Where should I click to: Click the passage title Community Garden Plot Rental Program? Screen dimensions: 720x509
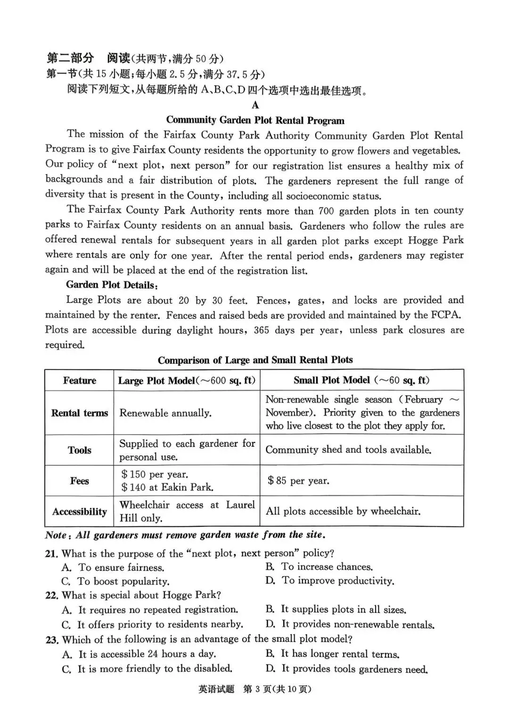[255, 120]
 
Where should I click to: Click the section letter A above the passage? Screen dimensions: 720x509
[255, 105]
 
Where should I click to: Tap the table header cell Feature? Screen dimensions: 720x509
[79, 381]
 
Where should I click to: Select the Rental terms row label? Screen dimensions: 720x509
[79, 413]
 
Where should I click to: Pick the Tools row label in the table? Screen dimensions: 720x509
[79, 450]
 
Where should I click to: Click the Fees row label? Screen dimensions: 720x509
[79, 481]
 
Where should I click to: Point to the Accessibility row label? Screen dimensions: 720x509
[79, 512]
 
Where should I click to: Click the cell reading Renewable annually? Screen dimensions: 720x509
[165, 413]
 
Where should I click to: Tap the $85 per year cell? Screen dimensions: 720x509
[298, 481]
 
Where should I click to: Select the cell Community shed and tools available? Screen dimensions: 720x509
[348, 450]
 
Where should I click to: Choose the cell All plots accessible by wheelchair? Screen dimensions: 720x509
[343, 511]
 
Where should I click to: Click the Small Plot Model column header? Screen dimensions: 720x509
[361, 380]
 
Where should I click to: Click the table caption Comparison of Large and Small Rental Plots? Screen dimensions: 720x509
[255, 360]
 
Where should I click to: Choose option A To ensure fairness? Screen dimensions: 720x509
[113, 568]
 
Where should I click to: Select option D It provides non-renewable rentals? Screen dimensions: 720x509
[350, 624]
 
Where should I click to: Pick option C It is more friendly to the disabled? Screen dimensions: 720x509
[147, 669]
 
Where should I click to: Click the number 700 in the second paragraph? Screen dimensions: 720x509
[326, 211]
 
